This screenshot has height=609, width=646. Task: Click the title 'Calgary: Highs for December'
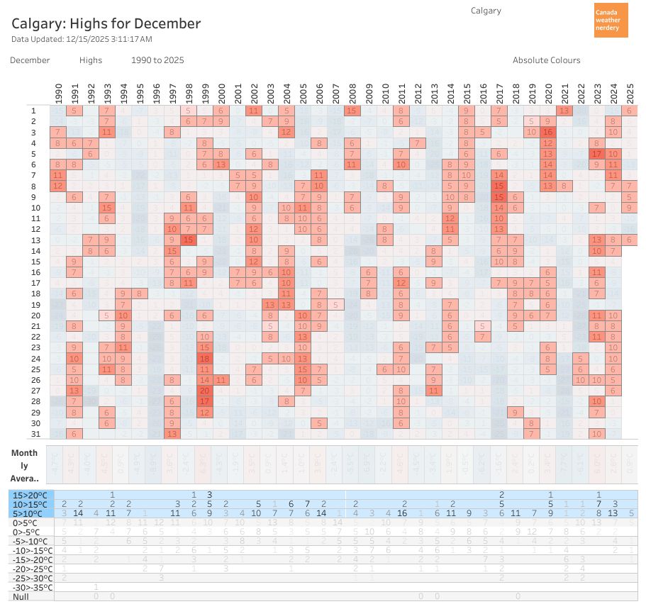(106, 23)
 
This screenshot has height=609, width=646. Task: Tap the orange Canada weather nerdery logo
(611, 20)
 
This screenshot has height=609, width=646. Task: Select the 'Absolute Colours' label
(546, 60)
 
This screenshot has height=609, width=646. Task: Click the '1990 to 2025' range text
(157, 60)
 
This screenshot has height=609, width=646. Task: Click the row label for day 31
(33, 433)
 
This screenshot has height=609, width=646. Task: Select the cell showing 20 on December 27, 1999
(206, 390)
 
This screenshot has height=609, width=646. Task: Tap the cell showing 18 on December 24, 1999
(206, 358)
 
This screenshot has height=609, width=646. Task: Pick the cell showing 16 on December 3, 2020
(547, 132)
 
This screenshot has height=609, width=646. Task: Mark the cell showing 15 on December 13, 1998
(189, 240)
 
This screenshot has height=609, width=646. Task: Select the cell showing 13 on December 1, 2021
(564, 111)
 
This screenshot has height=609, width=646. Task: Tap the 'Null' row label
(21, 596)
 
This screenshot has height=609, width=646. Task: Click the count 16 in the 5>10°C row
(401, 513)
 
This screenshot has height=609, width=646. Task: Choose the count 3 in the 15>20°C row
(209, 494)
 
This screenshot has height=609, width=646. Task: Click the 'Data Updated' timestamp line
(82, 39)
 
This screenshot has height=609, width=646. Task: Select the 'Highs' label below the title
(91, 60)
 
